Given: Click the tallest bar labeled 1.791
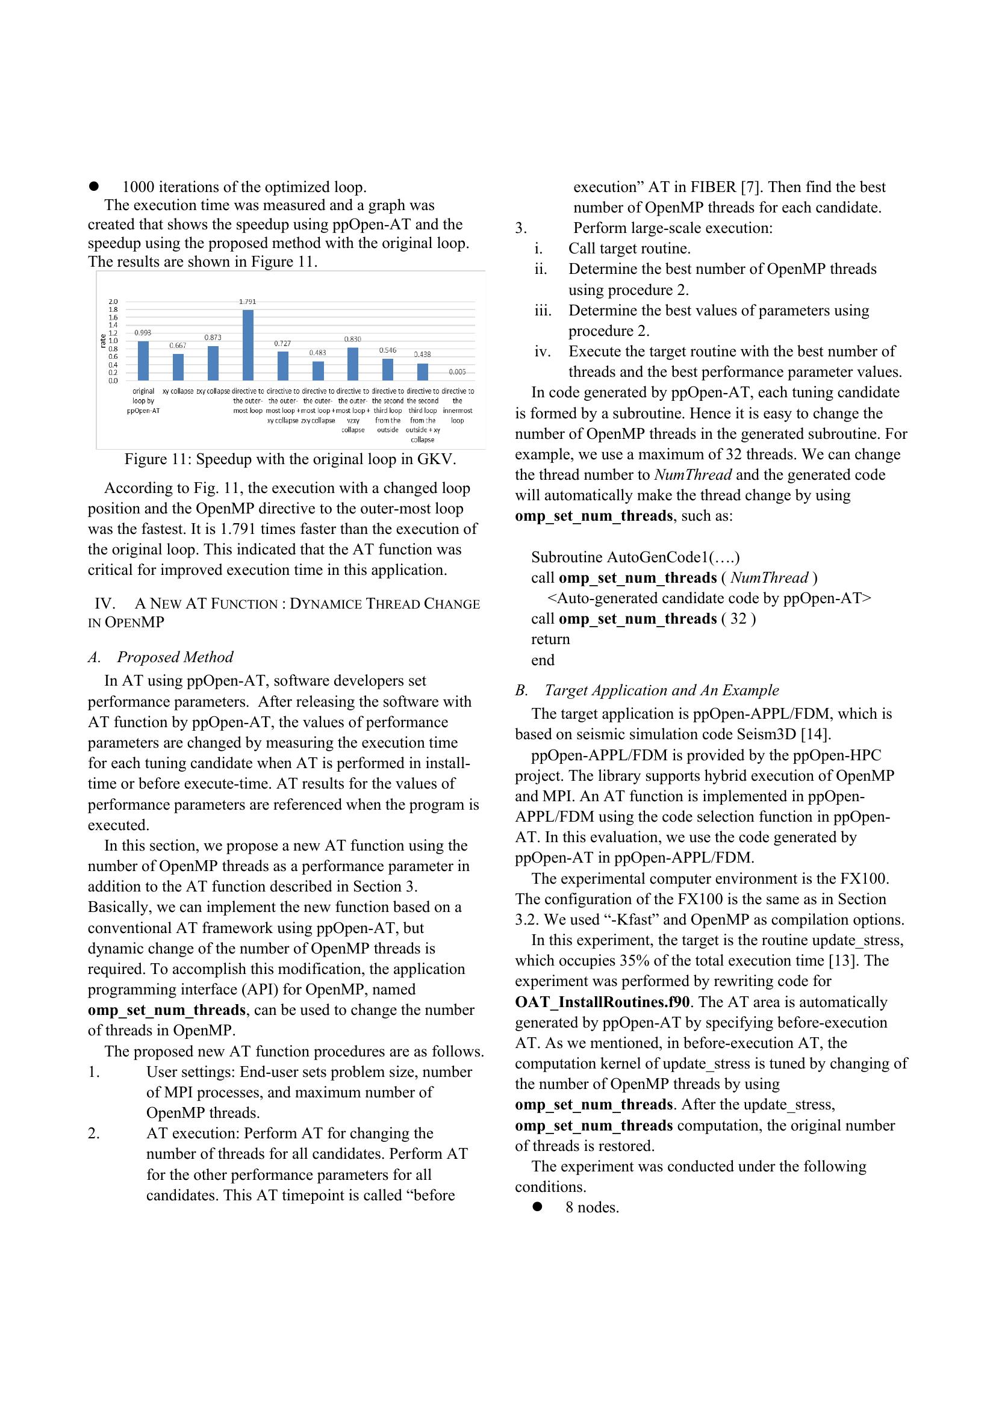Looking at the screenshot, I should pyautogui.click(x=247, y=346).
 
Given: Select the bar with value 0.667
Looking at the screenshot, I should pyautogui.click(x=178, y=367).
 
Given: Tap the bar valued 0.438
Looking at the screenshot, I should pyautogui.click(x=423, y=371).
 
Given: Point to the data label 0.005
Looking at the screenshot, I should pyautogui.click(x=457, y=371).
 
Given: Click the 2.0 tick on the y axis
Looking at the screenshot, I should pyautogui.click(x=113, y=302).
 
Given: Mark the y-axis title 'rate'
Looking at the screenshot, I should pyautogui.click(x=103, y=341).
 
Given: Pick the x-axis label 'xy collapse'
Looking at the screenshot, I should pyautogui.click(x=178, y=391).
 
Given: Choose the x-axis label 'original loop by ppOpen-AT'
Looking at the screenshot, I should pyautogui.click(x=143, y=400).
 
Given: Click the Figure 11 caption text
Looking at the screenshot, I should pyautogui.click(x=290, y=459).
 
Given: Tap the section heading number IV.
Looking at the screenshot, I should pyautogui.click(x=105, y=604).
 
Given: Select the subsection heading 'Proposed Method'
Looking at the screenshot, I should pyautogui.click(x=175, y=657).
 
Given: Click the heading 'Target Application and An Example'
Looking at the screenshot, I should pyautogui.click(x=661, y=690).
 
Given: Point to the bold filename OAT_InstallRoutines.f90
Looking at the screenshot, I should pyautogui.click(x=602, y=1002).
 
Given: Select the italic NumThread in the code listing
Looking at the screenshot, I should pyautogui.click(x=769, y=578).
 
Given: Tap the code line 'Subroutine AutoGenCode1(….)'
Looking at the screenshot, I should pyautogui.click(x=635, y=557).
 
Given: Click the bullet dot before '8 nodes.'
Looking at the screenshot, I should pyautogui.click(x=538, y=1206).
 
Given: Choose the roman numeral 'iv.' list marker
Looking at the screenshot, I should pyautogui.click(x=541, y=352).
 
